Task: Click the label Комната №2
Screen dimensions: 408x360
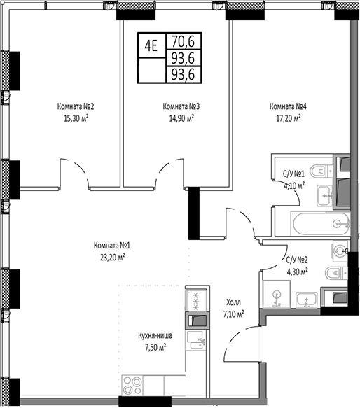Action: pyautogui.click(x=76, y=106)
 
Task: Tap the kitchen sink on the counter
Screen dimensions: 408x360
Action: pyautogui.click(x=195, y=342)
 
